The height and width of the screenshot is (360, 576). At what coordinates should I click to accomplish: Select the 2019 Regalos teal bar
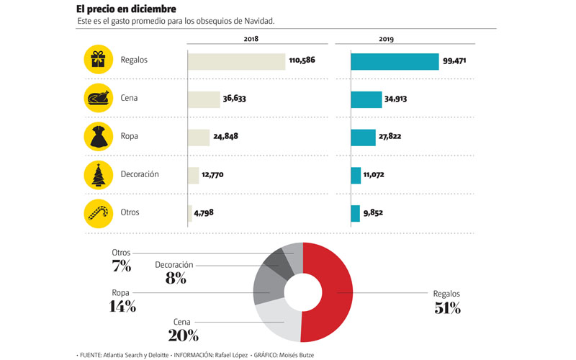pos(395,61)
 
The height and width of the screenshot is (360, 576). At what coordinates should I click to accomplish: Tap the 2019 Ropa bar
pos(363,137)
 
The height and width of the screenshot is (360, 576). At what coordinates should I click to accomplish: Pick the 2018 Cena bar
pos(204,99)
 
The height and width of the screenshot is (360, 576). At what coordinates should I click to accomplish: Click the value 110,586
pos(304,61)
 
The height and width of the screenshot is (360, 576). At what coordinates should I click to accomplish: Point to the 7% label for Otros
pos(121,266)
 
